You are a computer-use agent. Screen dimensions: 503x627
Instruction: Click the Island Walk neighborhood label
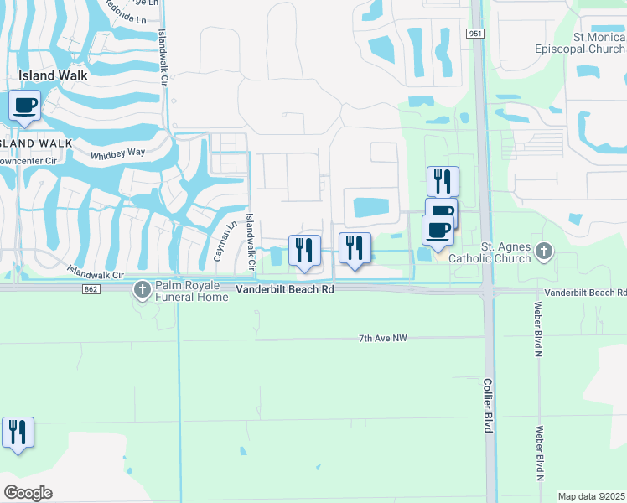(x=53, y=75)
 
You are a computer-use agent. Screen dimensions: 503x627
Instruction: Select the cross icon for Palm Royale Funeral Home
(x=142, y=289)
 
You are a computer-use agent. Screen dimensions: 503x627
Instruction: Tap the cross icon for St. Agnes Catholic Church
(x=545, y=250)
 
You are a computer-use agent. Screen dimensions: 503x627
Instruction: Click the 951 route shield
(x=476, y=34)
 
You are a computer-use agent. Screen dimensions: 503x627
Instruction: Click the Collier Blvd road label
(x=488, y=405)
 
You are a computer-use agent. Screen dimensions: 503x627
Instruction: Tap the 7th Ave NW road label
(x=382, y=338)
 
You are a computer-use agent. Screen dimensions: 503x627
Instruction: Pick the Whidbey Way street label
(x=118, y=153)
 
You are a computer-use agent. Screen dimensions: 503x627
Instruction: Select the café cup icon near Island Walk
(x=25, y=106)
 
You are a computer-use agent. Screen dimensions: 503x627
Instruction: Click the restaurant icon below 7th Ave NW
(x=18, y=432)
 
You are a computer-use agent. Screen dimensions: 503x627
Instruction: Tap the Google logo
(x=28, y=493)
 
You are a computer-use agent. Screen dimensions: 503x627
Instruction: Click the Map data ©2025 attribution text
(x=591, y=496)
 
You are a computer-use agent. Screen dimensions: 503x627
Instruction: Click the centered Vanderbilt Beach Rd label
(x=285, y=289)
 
